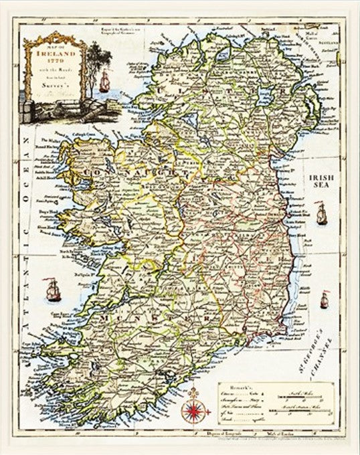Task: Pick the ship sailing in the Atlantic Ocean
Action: coord(51,289)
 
